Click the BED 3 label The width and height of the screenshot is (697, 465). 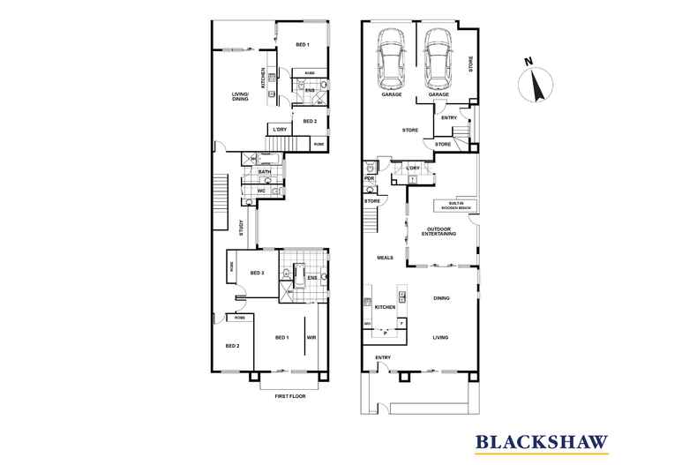[x=258, y=274]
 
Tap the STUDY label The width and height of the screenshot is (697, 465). [x=241, y=228]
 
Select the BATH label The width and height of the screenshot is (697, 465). [x=264, y=172]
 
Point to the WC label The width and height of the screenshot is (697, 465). [x=262, y=191]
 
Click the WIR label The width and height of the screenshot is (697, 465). [x=311, y=337]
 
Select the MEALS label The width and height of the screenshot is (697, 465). [x=385, y=258]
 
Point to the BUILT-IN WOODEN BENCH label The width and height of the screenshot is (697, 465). [x=452, y=206]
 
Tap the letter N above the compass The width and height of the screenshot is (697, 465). [x=528, y=62]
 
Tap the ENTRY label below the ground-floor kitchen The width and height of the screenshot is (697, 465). [x=383, y=357]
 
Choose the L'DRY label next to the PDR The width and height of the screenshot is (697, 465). [x=412, y=167]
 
